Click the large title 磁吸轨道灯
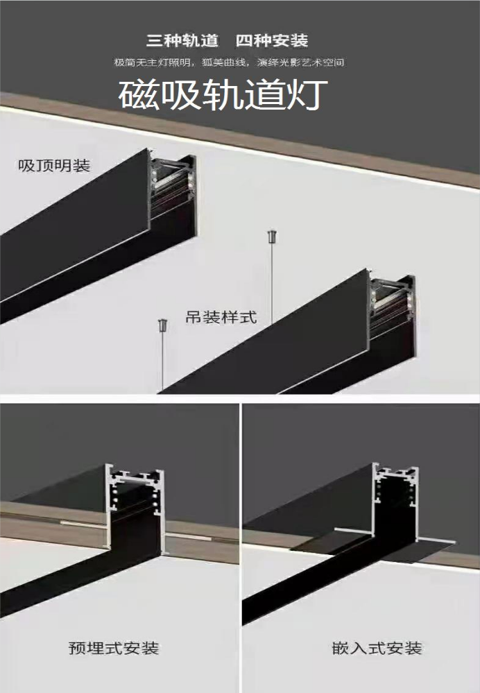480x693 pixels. (223, 94)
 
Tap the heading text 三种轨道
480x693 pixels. (182, 41)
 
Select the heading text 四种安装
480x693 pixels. (272, 41)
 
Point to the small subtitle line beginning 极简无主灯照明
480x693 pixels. (229, 62)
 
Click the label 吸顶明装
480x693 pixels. (54, 165)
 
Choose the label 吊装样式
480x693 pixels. (221, 317)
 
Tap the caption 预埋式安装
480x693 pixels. (114, 648)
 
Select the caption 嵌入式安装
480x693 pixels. (377, 648)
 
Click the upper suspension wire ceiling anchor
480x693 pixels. (272, 237)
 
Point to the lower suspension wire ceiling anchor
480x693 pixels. (162, 326)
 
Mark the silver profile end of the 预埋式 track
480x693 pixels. (135, 508)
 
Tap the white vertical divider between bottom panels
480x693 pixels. (241, 548)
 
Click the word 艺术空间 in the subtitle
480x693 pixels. (323, 62)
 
